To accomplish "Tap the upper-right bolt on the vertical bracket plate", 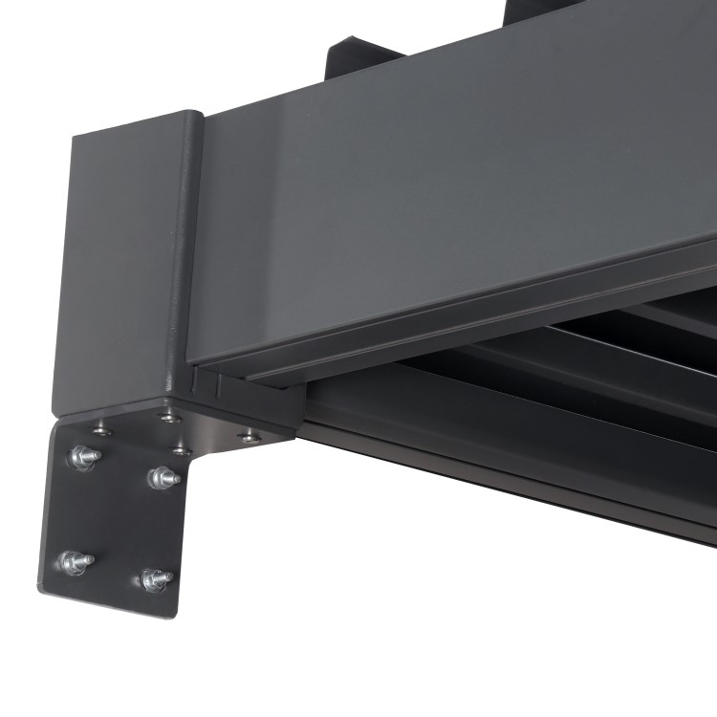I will (x=163, y=476).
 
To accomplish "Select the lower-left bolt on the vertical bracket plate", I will (x=73, y=561).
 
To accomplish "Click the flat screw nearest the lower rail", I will (x=250, y=436).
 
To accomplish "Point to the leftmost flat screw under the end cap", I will (x=101, y=431).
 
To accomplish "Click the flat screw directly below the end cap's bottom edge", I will (x=169, y=417).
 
